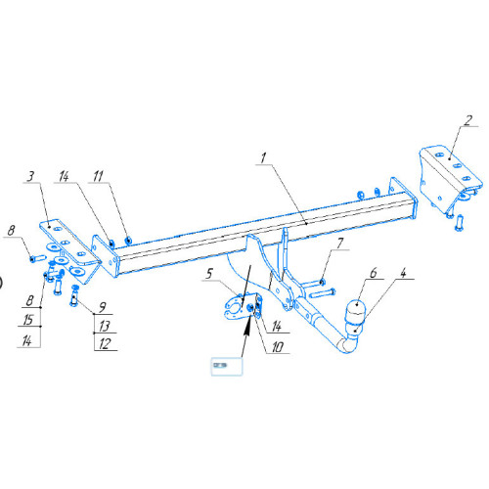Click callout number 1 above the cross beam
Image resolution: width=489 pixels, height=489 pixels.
tap(263, 158)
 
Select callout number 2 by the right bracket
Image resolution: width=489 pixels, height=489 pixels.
tap(468, 120)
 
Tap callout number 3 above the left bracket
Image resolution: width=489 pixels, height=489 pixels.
tap(30, 176)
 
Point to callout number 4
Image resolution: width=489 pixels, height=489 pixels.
tap(404, 273)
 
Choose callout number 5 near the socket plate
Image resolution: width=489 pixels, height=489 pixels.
tap(209, 274)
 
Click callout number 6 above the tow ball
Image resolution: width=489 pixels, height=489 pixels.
tap(374, 273)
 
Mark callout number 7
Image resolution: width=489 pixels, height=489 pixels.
tap(340, 244)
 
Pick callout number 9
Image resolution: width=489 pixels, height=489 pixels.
tap(103, 307)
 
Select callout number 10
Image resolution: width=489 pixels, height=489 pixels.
tap(278, 347)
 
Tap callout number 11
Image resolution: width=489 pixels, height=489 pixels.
tap(98, 176)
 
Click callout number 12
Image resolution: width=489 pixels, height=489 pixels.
tap(105, 344)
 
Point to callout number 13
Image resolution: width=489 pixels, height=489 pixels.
tap(105, 326)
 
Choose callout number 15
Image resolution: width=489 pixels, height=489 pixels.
tap(28, 320)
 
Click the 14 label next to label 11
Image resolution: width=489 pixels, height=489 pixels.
tap(64, 176)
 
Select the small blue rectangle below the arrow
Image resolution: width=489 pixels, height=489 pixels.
tap(227, 367)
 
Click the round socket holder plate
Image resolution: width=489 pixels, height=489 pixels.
tap(236, 307)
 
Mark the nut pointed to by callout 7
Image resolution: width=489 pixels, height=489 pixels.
tap(322, 282)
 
